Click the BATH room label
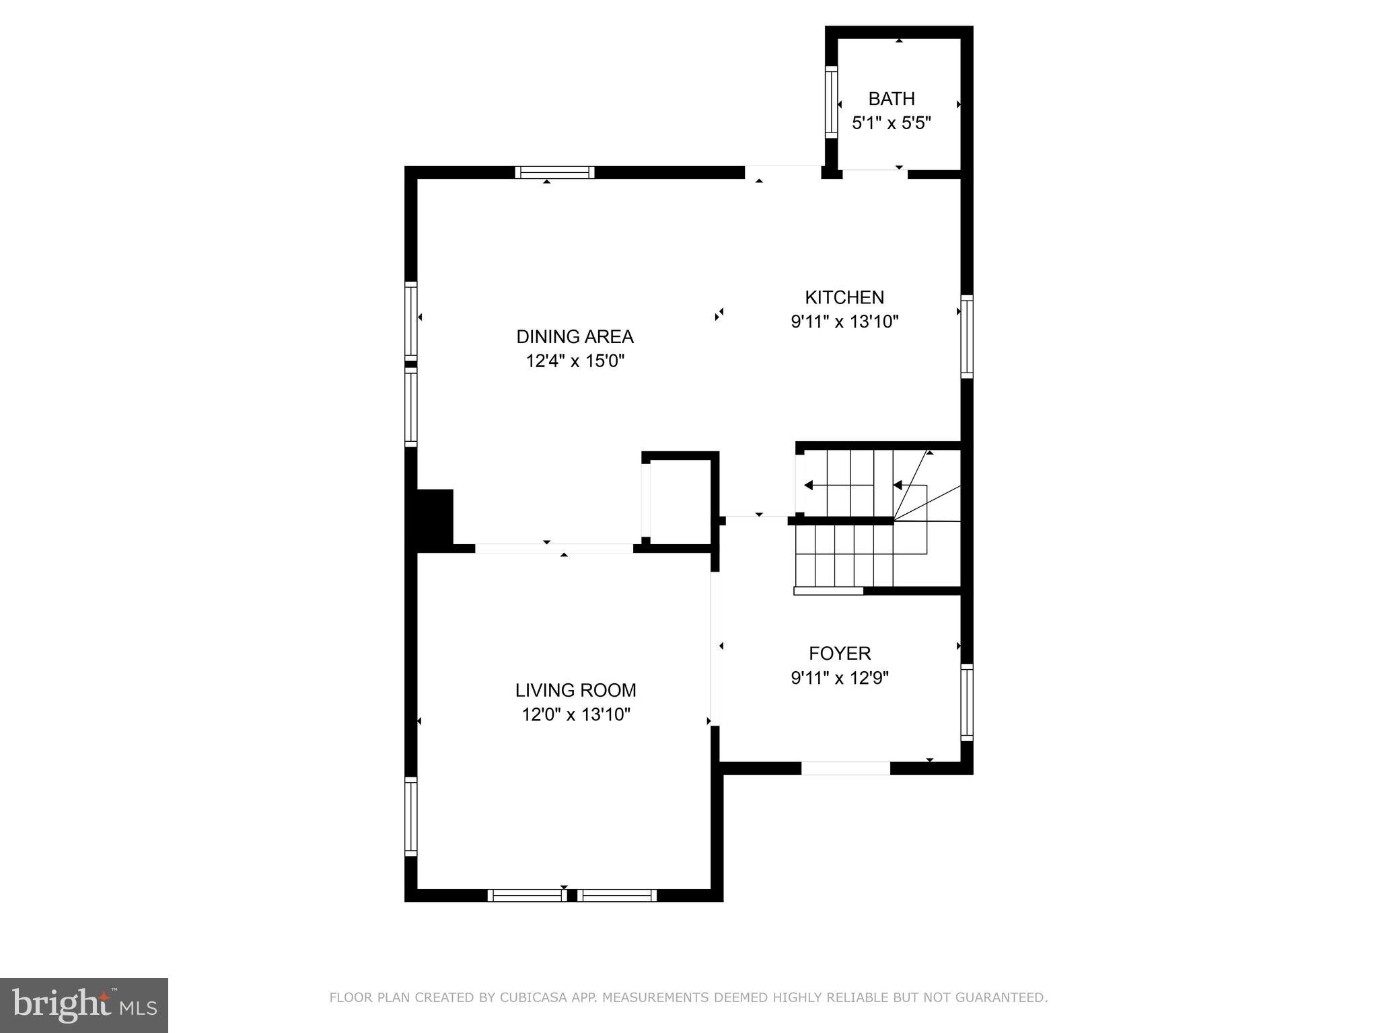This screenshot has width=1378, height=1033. (x=891, y=99)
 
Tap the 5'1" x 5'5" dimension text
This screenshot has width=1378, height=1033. (x=891, y=124)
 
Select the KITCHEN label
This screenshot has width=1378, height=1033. (x=844, y=297)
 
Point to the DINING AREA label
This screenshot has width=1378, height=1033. (x=575, y=336)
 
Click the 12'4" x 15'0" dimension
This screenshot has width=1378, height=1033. (x=575, y=361)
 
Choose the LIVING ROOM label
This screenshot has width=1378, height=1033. (x=575, y=690)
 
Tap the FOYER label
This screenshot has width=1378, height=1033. (x=840, y=653)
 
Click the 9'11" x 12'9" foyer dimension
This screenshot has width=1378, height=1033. (x=840, y=678)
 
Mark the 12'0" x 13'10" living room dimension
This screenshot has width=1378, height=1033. (x=575, y=714)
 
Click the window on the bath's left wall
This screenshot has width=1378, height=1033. (x=831, y=103)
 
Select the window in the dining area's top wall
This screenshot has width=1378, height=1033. (x=555, y=172)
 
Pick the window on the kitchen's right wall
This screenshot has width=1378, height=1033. (x=966, y=336)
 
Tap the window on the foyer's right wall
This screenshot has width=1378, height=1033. (x=966, y=702)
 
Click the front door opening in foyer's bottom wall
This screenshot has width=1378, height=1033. (x=845, y=768)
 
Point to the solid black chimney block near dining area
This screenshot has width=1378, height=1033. (x=435, y=516)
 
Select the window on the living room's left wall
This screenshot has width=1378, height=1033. (x=410, y=816)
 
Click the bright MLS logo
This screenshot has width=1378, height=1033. (x=84, y=1005)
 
